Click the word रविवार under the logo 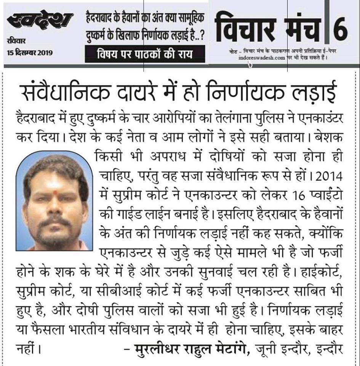(x=14, y=42)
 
